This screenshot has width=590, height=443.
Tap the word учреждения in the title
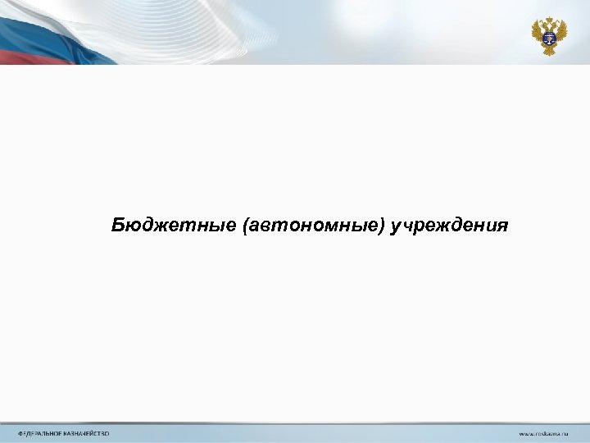pyautogui.click(x=450, y=225)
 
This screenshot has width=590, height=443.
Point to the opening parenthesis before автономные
pyautogui.click(x=247, y=225)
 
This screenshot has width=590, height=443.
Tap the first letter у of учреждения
pyautogui.click(x=397, y=226)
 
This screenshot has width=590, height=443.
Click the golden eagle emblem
pyautogui.click(x=547, y=36)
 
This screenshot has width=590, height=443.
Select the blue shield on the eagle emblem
pyautogui.click(x=547, y=35)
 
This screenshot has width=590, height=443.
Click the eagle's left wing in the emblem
pyautogui.click(x=538, y=32)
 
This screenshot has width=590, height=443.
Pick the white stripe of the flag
pyautogui.click(x=49, y=16)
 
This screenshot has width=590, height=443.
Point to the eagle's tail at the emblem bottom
pyautogui.click(x=547, y=50)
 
